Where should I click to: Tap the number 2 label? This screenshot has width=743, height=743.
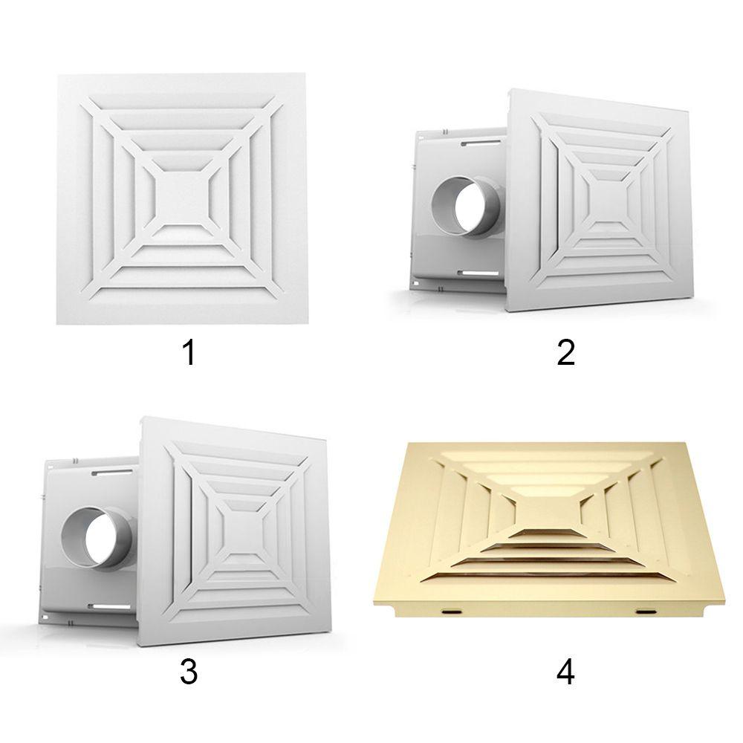(x=565, y=352)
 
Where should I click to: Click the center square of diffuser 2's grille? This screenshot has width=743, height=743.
(x=609, y=198)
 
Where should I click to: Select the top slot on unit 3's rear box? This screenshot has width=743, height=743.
(x=111, y=470)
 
